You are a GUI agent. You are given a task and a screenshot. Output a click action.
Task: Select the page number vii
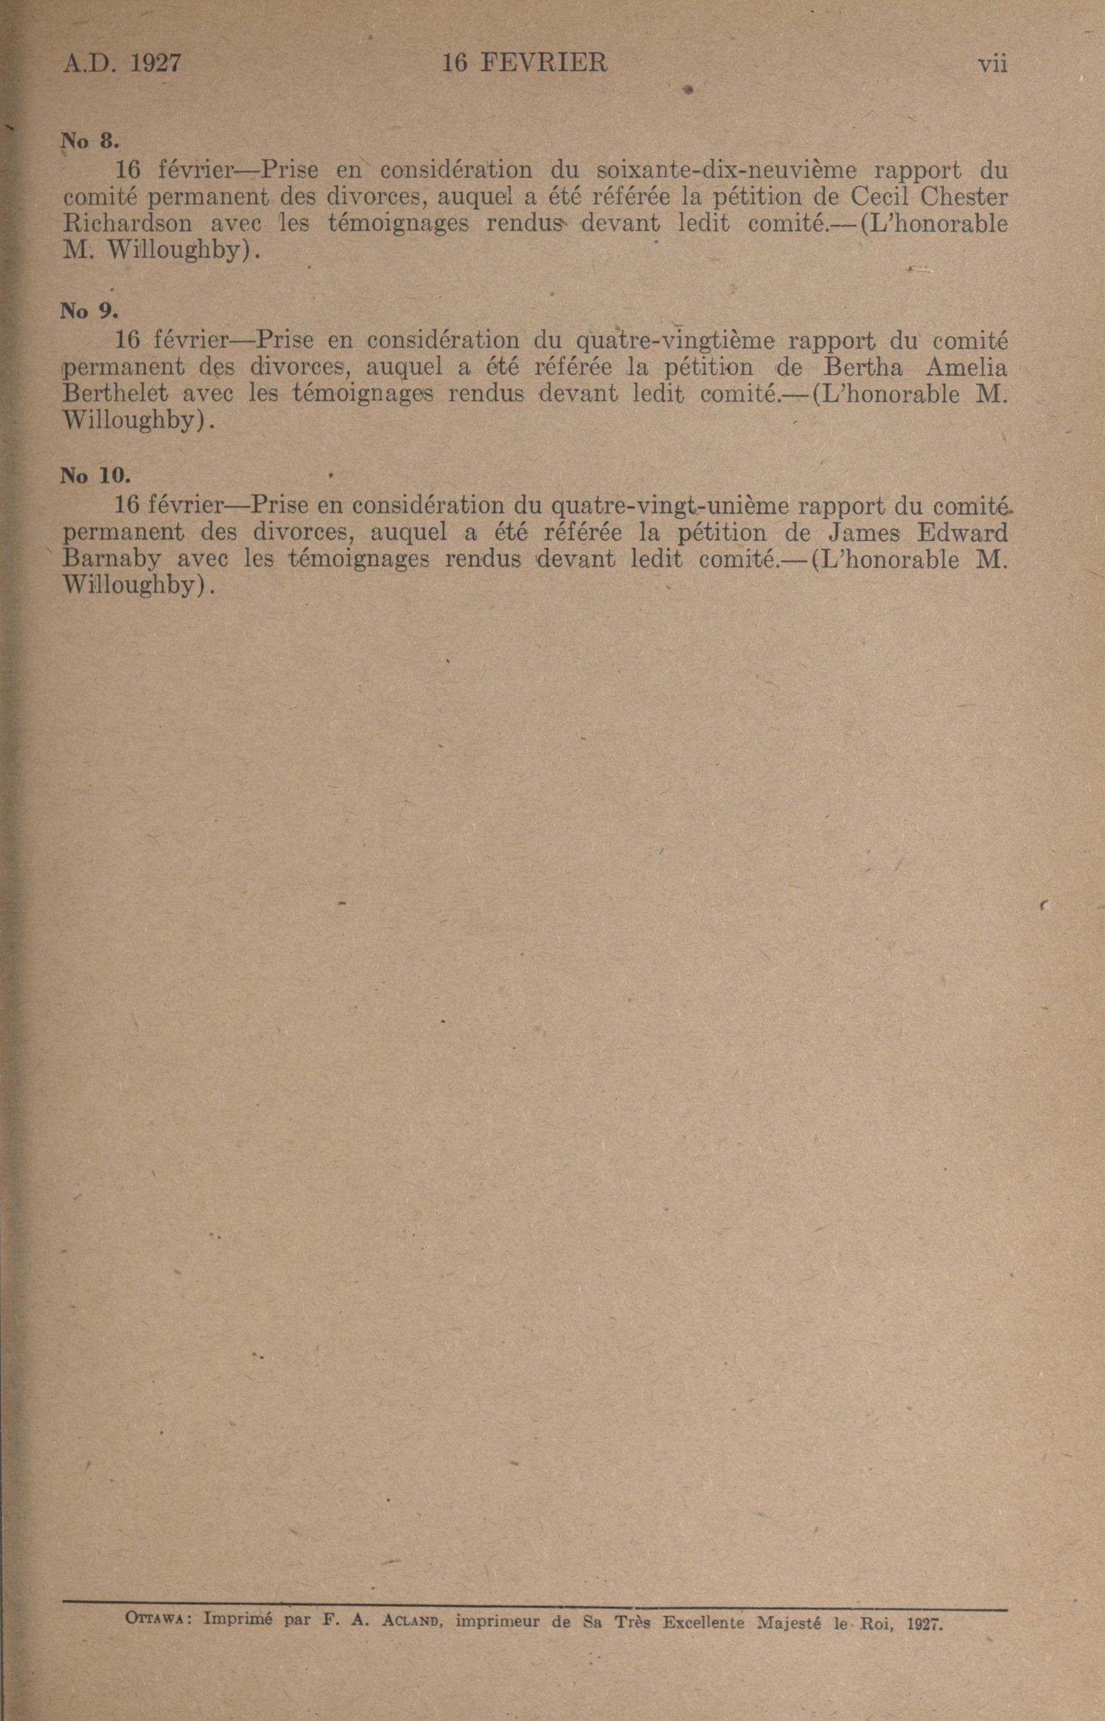coord(993,65)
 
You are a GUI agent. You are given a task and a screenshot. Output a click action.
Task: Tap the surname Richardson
coord(128,223)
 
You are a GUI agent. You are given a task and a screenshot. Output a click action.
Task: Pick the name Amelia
coord(967,368)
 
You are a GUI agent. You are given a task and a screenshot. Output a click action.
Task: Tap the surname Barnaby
coord(111,559)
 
